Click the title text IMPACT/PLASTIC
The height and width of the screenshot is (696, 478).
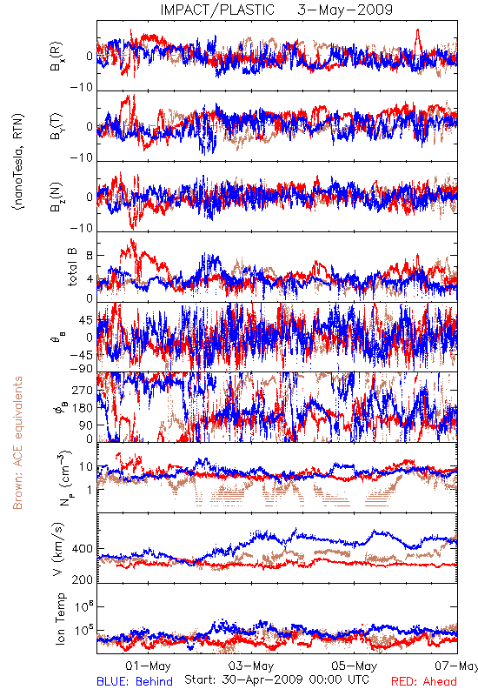tap(217, 10)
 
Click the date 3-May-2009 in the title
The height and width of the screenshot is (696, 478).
tap(345, 10)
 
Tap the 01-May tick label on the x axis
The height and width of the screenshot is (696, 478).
tap(148, 666)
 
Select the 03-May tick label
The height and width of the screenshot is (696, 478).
tap(251, 666)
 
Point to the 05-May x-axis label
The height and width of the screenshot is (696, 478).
tap(355, 666)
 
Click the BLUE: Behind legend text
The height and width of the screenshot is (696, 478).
tap(135, 681)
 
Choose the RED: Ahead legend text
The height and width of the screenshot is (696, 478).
tap(424, 681)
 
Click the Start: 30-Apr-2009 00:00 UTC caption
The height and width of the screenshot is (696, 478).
tap(276, 679)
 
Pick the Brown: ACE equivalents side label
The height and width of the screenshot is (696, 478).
tap(17, 443)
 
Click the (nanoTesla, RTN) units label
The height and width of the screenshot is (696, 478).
tap(17, 162)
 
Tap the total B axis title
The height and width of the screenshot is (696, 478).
tap(72, 267)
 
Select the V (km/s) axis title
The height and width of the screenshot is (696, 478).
tap(58, 549)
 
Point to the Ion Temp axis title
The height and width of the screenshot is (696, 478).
tap(60, 619)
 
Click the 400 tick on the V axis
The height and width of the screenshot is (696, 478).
tap(83, 549)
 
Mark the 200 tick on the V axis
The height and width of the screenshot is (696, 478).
tap(83, 579)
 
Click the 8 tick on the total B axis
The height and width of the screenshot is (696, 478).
tap(90, 256)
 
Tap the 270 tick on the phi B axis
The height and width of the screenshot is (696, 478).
tap(83, 391)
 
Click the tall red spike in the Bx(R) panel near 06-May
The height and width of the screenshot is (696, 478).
tap(417, 39)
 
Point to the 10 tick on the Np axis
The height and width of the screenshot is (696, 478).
tap(86, 467)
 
